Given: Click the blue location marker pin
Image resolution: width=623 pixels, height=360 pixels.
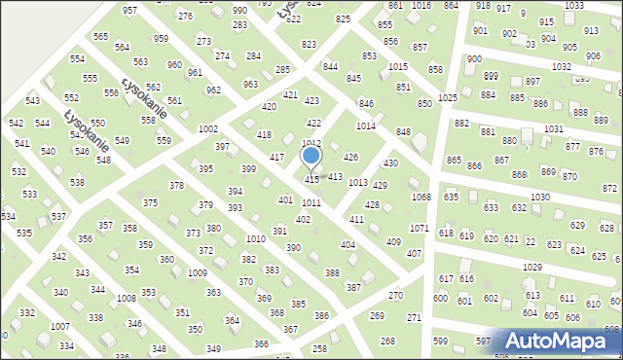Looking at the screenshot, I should click(x=311, y=156).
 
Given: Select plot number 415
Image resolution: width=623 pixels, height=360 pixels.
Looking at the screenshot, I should click(x=312, y=180).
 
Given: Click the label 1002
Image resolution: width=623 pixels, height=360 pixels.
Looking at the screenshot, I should click(x=207, y=129).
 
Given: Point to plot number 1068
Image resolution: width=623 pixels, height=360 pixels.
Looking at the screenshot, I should click(x=421, y=198).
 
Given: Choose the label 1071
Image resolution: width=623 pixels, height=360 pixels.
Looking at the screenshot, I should click(x=419, y=228).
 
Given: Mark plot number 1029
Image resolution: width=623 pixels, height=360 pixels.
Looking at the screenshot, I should click(x=531, y=267).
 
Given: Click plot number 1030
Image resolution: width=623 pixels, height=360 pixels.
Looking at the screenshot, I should click(x=540, y=198).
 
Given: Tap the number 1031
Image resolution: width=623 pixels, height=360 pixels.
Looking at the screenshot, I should click(x=553, y=129).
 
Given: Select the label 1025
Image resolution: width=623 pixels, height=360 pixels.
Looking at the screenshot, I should click(x=448, y=98).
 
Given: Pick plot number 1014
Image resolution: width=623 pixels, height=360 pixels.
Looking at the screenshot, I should click(x=366, y=126).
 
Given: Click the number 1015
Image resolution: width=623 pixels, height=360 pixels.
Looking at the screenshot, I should click(x=398, y=66).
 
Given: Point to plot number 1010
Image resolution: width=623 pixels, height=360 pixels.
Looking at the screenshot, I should click(x=256, y=238).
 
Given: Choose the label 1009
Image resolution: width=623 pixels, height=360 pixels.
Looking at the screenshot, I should click(x=198, y=273).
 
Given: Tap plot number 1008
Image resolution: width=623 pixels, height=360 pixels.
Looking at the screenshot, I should click(x=127, y=299).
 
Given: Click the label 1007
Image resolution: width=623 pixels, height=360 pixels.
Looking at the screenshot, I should click(x=60, y=326).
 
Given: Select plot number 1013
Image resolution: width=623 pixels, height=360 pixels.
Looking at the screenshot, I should click(x=357, y=183).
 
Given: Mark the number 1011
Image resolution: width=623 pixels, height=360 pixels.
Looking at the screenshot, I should click(x=311, y=202).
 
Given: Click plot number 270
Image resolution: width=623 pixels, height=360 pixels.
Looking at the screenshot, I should click(x=395, y=295).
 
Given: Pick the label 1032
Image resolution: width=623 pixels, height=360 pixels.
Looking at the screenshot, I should click(x=561, y=67).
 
